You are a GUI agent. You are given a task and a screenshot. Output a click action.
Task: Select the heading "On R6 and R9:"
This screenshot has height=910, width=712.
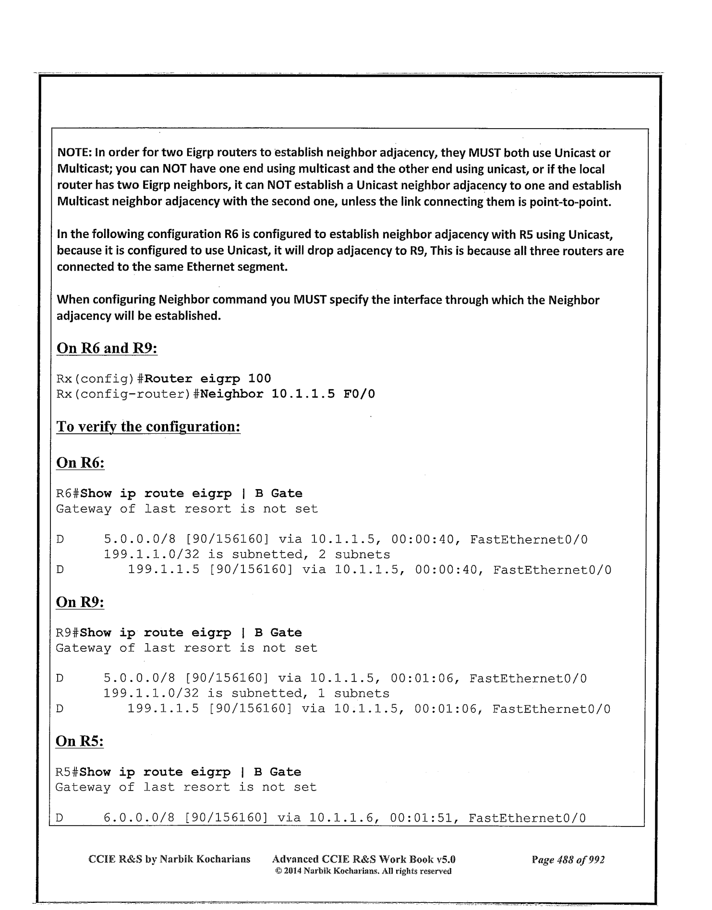click(x=107, y=348)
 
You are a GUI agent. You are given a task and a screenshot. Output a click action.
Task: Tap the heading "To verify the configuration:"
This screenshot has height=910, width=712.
click(x=148, y=427)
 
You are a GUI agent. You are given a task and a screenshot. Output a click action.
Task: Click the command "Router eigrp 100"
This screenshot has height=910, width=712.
click(x=208, y=379)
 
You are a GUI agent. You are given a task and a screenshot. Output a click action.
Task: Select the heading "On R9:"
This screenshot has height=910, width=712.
click(x=80, y=602)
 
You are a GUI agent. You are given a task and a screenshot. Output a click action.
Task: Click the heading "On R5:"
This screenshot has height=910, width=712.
click(x=80, y=742)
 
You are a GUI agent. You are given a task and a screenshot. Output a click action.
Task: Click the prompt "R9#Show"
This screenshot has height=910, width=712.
click(x=84, y=633)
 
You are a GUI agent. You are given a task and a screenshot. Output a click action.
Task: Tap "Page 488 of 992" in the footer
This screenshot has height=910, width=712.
click(x=568, y=859)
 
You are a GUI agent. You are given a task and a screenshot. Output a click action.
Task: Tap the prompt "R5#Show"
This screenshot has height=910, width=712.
click(x=83, y=772)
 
